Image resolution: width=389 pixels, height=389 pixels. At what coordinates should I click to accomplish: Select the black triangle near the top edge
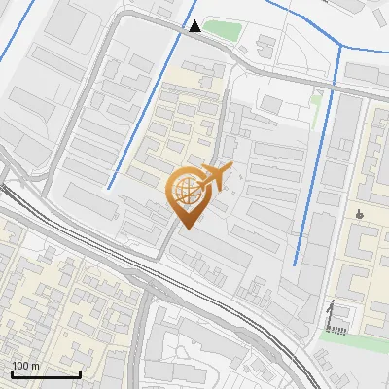(196, 26)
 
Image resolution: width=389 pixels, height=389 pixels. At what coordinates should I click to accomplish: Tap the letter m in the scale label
(35, 366)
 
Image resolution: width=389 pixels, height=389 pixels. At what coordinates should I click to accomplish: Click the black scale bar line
(46, 374)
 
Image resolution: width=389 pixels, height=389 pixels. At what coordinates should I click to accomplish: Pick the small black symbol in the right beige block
(360, 213)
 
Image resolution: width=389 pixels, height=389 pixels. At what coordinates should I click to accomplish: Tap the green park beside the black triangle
(222, 30)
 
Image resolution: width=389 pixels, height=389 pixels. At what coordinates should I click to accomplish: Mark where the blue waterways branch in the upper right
(338, 47)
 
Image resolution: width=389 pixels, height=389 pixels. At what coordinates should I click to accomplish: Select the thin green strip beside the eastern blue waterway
(315, 98)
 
